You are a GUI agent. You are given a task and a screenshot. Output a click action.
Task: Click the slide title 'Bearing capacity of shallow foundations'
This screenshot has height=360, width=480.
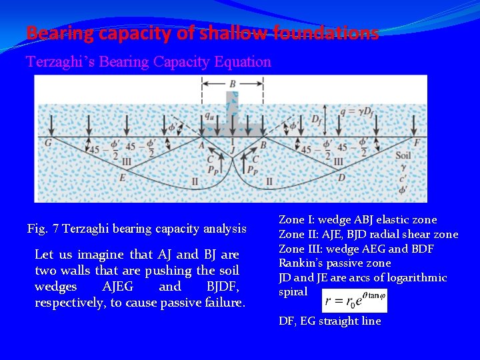click(x=202, y=33)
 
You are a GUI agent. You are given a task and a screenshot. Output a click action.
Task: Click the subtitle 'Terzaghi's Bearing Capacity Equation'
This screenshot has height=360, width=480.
click(x=149, y=62)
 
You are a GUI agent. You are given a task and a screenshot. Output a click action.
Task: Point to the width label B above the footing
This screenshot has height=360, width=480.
click(x=232, y=84)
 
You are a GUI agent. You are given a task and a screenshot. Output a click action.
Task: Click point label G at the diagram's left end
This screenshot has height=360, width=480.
click(x=47, y=142)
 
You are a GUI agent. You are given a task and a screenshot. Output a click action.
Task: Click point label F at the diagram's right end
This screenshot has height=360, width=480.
click(x=416, y=142)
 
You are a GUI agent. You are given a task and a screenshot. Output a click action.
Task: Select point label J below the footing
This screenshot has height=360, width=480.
click(x=232, y=141)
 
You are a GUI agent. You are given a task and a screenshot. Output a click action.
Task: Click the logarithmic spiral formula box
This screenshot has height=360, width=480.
click(x=354, y=301)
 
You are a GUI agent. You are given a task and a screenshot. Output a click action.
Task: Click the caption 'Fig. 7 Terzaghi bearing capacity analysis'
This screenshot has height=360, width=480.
click(x=137, y=229)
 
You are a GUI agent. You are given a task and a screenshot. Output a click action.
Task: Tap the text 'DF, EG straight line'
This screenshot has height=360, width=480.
click(x=330, y=321)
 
